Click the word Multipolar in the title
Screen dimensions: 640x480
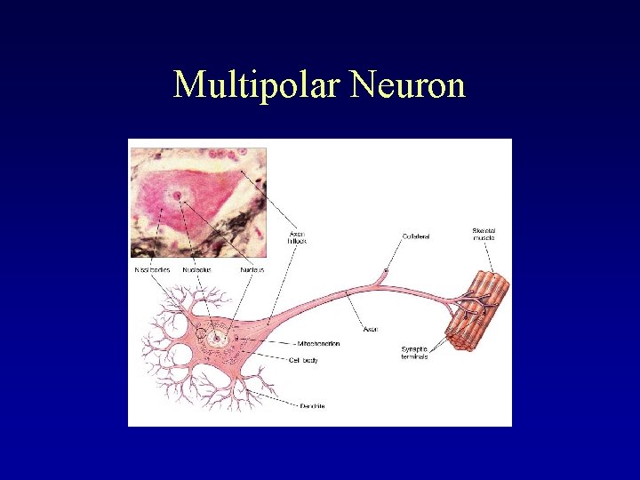coord(258,85)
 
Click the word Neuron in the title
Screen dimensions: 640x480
coord(408,85)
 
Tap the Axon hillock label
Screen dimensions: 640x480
coord(298,238)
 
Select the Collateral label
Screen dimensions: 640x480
coord(416,236)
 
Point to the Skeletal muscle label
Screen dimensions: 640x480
coord(484,235)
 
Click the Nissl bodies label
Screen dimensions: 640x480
coord(152,269)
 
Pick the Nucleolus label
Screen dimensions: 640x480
coord(197,269)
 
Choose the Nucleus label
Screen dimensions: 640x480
coord(252,269)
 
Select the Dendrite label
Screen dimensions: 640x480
coord(311,406)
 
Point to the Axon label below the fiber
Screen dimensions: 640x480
coord(371,329)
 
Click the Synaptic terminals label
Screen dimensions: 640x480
coord(414,352)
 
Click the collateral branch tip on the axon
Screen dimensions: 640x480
coord(386,270)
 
